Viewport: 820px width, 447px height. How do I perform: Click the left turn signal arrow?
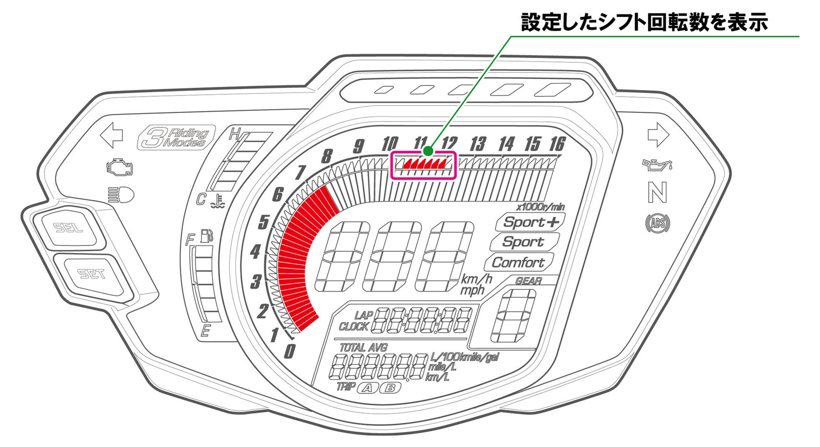(x=111, y=135)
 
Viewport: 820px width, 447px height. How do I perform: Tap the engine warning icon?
(x=119, y=168)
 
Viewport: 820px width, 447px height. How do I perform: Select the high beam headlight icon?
(x=121, y=195)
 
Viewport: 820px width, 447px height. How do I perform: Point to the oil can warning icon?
(x=657, y=165)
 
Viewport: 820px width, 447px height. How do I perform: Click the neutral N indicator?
(x=657, y=193)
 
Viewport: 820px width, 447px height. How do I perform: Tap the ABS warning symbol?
(x=657, y=223)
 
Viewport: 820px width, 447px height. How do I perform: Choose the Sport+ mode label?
(x=530, y=222)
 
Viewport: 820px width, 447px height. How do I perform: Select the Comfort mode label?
(x=518, y=263)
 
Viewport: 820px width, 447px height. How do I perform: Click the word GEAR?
(x=528, y=281)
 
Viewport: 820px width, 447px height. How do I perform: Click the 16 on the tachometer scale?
(x=557, y=144)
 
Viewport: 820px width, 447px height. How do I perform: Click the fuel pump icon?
(x=206, y=236)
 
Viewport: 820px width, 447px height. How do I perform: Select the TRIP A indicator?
(x=367, y=388)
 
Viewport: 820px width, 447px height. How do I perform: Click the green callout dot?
(x=428, y=151)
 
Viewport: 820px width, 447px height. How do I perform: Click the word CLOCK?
(x=353, y=327)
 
